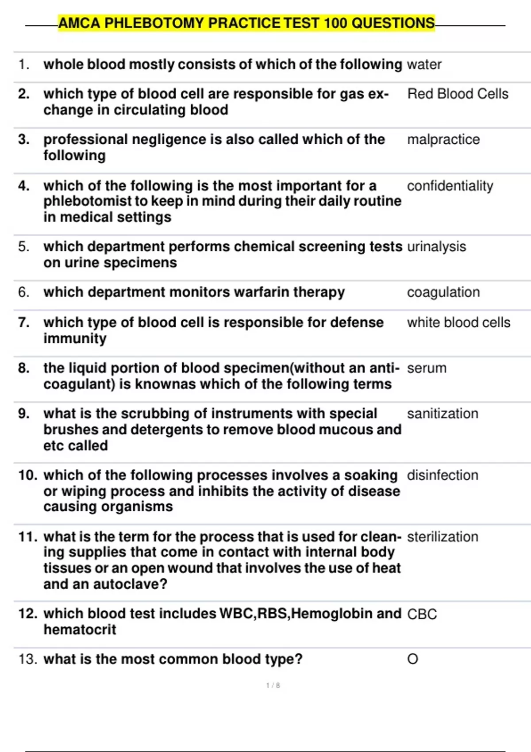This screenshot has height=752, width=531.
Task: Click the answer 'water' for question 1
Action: tap(424, 65)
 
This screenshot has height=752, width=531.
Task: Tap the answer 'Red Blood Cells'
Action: tap(458, 94)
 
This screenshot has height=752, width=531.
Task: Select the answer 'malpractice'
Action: tap(443, 139)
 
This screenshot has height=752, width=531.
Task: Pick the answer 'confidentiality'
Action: tap(450, 186)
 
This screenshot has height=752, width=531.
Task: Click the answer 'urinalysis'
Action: tap(436, 247)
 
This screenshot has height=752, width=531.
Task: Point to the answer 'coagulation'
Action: tap(443, 292)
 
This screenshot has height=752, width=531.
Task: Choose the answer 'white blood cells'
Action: tap(458, 322)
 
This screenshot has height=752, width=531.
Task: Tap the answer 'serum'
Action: tap(427, 368)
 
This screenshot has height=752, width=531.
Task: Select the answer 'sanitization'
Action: tap(442, 414)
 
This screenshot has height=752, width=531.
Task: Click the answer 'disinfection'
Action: tap(442, 475)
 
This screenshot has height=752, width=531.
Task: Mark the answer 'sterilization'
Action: tap(442, 537)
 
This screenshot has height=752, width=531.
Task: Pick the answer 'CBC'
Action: tap(422, 614)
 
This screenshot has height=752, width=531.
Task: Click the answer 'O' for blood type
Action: tap(412, 659)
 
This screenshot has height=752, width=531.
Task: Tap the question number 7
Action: tap(24, 322)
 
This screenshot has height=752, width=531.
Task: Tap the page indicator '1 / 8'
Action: tap(273, 686)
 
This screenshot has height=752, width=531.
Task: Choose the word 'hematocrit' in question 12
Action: tap(80, 629)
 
